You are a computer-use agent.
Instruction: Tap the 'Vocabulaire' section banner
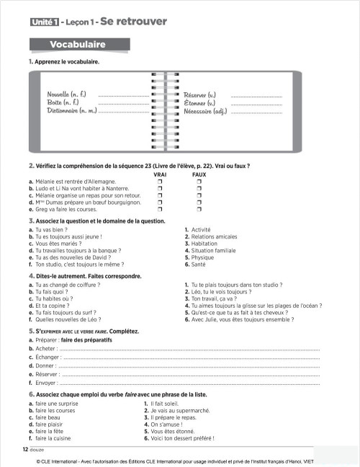click(x=78, y=45)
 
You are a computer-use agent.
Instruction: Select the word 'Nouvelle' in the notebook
click(x=62, y=94)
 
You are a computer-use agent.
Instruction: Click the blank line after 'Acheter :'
click(x=191, y=348)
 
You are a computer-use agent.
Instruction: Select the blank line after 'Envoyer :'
click(x=191, y=383)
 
